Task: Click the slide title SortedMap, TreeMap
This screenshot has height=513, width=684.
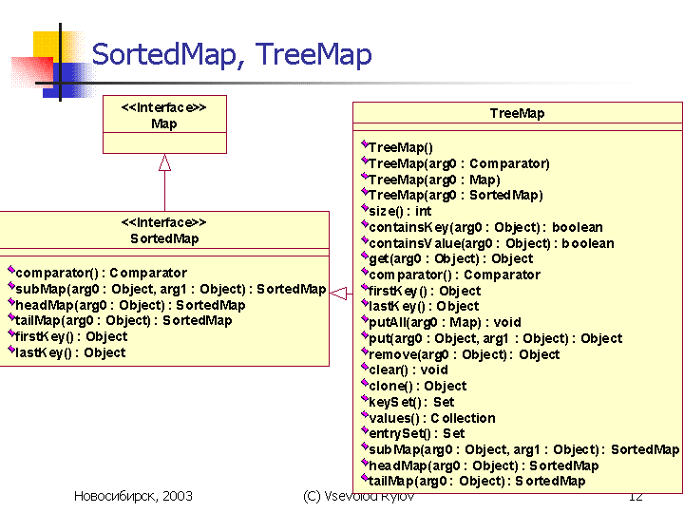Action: pos(232,55)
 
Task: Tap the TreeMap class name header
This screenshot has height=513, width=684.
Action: pos(517,113)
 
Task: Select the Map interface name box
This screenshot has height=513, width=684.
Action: pos(164,114)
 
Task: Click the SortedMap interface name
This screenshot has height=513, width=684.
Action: pos(164,238)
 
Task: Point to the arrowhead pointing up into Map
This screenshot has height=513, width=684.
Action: pos(164,162)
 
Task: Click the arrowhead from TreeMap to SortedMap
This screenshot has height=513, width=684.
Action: pos(338,294)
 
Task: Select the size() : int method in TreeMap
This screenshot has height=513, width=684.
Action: pos(400,211)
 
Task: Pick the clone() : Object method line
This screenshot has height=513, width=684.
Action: pos(417,386)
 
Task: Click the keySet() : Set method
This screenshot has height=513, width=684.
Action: pos(411,402)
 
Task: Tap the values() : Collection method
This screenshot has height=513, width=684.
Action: pos(432,418)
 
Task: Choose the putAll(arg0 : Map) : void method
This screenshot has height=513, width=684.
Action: pos(445,322)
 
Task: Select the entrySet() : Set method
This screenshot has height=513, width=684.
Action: pos(417,433)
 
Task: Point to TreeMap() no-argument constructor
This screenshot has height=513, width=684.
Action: pos(401,147)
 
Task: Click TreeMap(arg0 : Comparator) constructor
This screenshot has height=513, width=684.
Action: pos(459,163)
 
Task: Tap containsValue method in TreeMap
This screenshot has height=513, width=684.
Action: pos(491,243)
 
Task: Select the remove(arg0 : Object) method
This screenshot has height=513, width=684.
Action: pos(465,354)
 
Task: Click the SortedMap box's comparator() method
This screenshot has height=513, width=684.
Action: pos(102,273)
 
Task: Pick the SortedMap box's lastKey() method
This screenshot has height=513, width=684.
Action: pos(70,352)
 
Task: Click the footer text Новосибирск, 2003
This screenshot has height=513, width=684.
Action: pos(133,496)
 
